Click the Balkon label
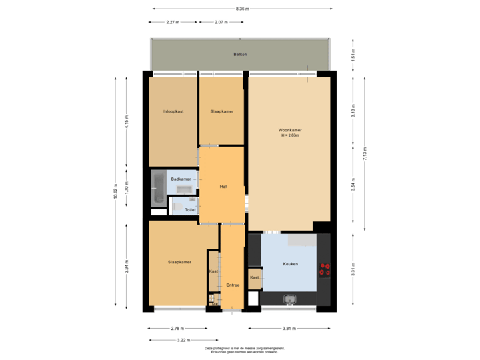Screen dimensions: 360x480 coord(240,54)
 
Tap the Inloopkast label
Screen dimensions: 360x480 coord(173,111)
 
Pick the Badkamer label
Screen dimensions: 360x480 coord(181,179)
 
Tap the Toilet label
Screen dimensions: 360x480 coord(191,209)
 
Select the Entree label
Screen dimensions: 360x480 coord(233,285)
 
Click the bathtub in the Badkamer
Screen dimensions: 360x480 coord(159,187)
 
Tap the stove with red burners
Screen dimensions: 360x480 coord(325,269)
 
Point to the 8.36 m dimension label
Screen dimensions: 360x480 coord(243,9)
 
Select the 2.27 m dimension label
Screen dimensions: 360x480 coord(173,22)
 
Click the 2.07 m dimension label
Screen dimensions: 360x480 coord(221,22)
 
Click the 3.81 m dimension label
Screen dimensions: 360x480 coord(289,329)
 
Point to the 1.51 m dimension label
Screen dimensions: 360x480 coord(353,54)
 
